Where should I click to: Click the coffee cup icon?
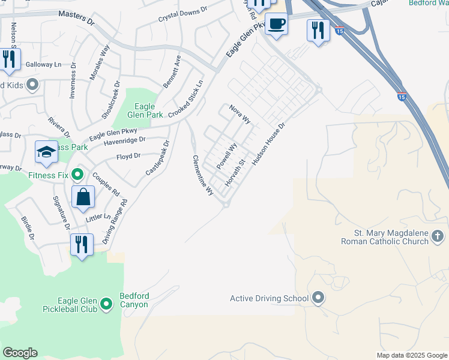point(276,25)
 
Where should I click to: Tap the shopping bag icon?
point(83,196)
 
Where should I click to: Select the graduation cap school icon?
point(46,152)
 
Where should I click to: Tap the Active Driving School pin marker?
point(318,298)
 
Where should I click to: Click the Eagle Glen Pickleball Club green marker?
point(106,305)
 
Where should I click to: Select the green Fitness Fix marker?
point(77,175)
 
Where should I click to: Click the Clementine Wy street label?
point(202,175)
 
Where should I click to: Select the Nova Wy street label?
point(240,113)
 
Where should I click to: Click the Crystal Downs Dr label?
point(182,14)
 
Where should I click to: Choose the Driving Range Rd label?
point(116,221)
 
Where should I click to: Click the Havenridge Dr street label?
point(125,143)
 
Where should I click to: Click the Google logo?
point(20,353)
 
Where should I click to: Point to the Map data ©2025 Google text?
point(411,355)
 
